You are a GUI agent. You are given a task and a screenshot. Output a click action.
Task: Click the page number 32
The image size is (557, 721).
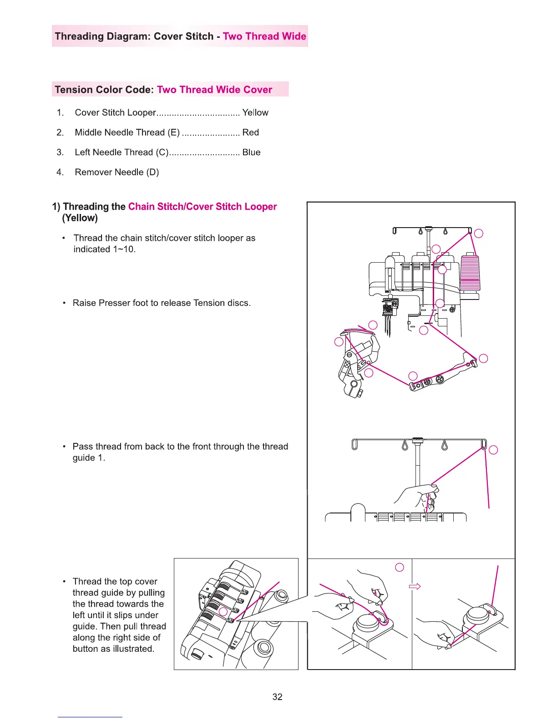click(x=277, y=697)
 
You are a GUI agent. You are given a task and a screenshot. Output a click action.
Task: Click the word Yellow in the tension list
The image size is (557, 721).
click(x=255, y=112)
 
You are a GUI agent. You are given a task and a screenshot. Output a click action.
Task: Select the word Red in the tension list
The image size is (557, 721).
click(x=250, y=132)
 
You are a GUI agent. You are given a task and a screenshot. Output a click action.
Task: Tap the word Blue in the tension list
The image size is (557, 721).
click(x=251, y=152)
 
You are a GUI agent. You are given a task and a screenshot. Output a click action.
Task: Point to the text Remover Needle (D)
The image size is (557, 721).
click(x=117, y=172)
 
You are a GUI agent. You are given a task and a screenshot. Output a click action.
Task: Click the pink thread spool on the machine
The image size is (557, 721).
click(x=470, y=273)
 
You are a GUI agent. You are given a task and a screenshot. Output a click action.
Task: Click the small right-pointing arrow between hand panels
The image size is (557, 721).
click(x=415, y=586)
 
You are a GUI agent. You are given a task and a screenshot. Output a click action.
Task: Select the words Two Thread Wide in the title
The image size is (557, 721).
click(x=264, y=36)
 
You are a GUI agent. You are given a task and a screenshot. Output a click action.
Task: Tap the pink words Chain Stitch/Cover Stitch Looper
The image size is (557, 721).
click(x=203, y=207)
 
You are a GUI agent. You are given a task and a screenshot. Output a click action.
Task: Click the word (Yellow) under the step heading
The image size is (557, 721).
click(x=80, y=218)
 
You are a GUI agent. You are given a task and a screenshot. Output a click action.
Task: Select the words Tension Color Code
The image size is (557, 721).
click(x=104, y=90)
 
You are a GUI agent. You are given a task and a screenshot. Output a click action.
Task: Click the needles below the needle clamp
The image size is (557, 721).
click(x=388, y=325)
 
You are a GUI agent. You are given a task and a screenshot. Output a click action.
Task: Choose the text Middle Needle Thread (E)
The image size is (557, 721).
click(x=127, y=132)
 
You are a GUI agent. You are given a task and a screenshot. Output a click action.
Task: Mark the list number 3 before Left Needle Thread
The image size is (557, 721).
click(x=60, y=152)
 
